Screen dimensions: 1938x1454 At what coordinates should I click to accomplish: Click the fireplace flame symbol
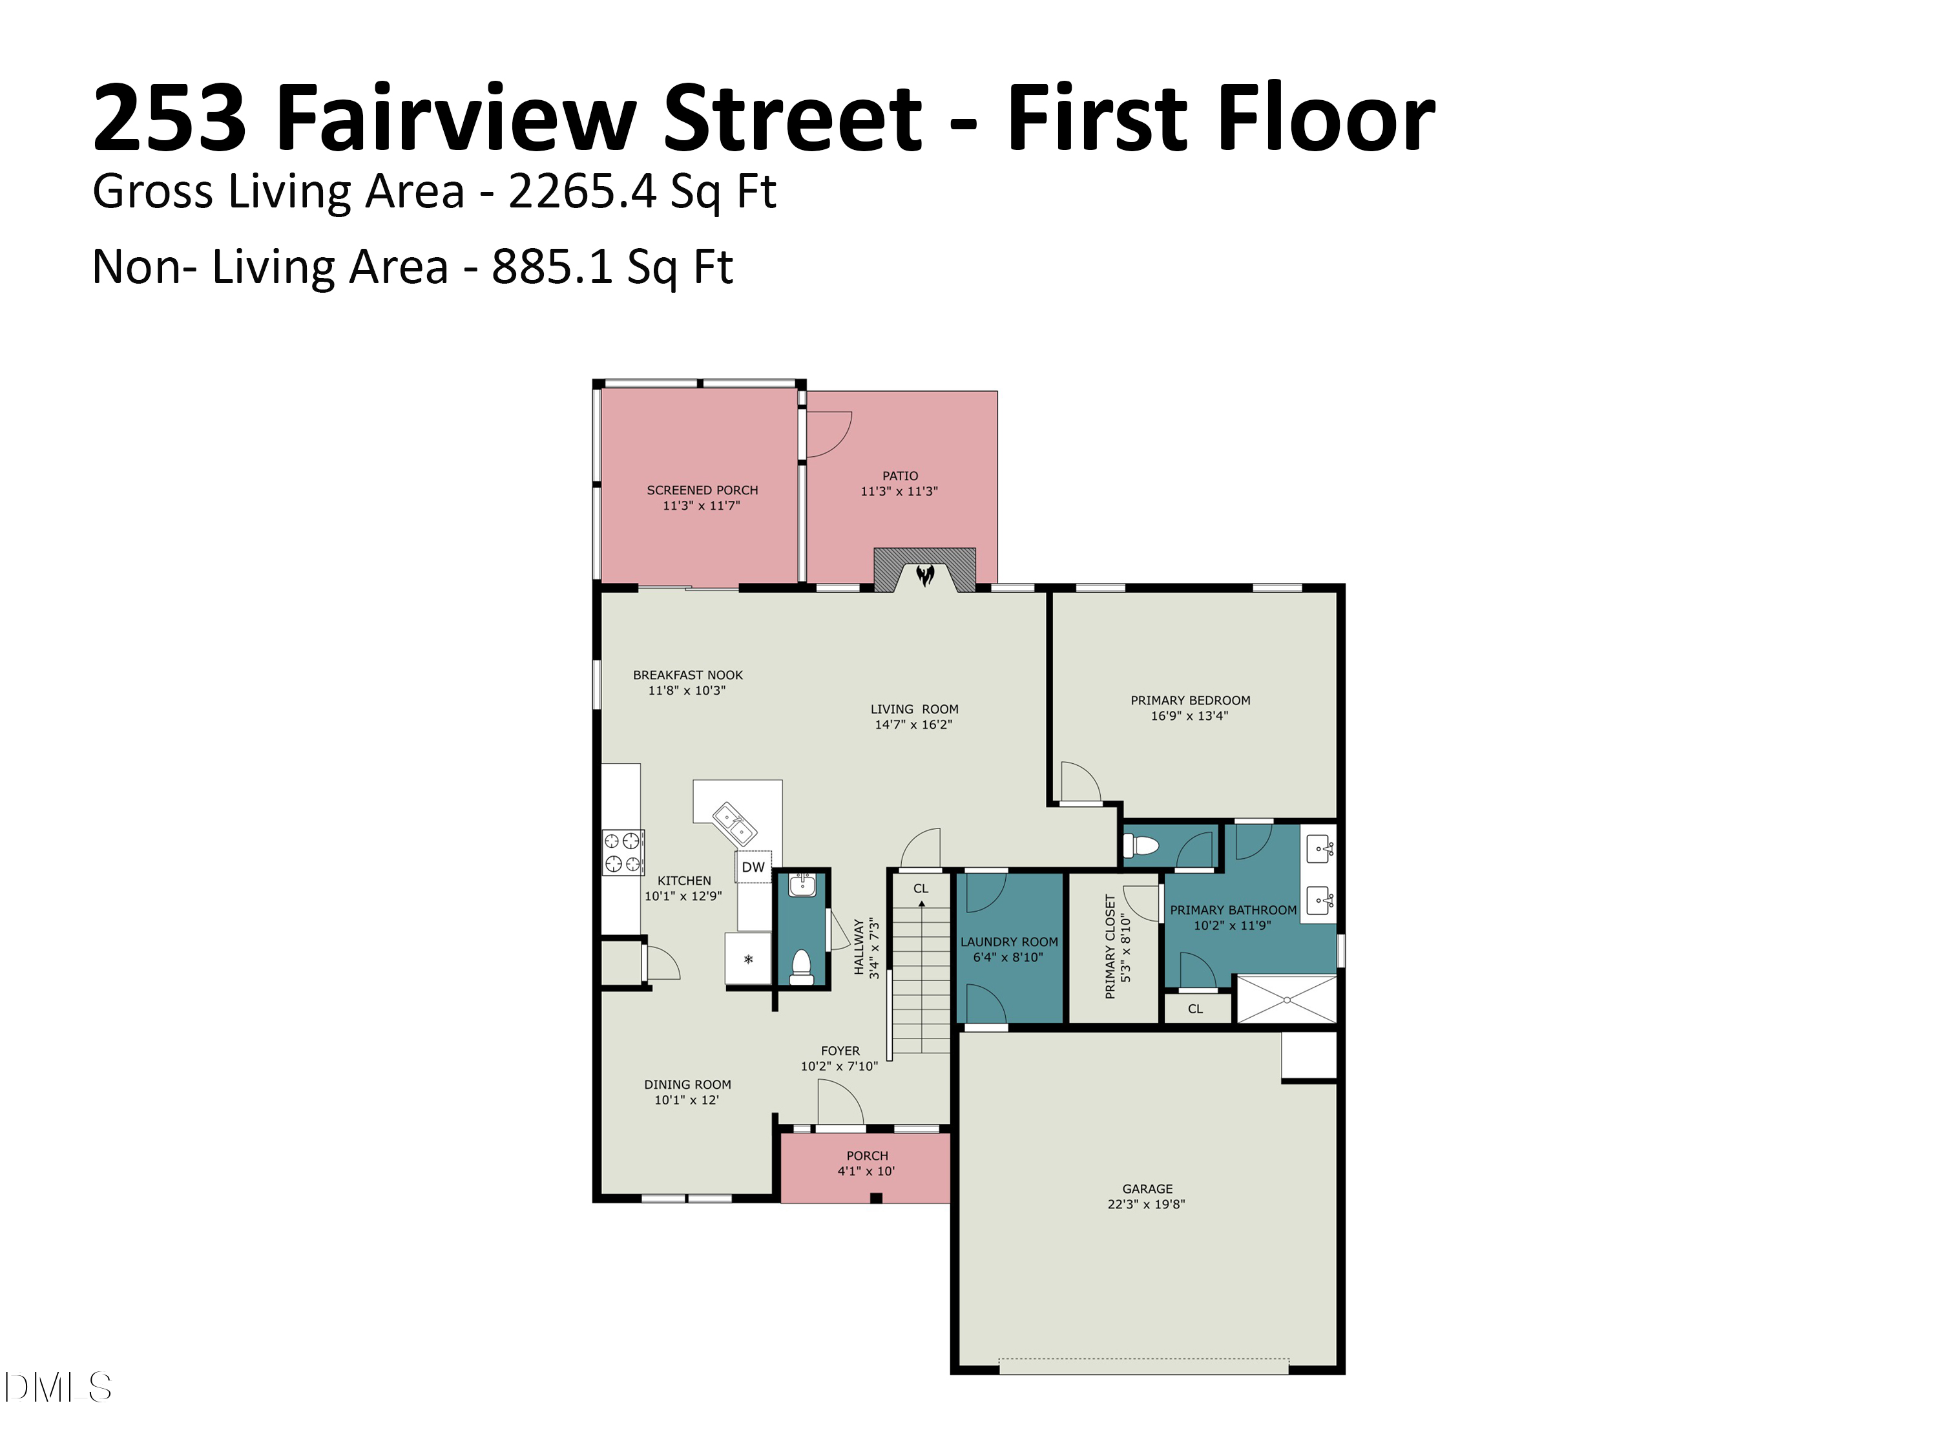point(925,575)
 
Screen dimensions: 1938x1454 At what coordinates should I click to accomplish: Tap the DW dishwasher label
point(753,867)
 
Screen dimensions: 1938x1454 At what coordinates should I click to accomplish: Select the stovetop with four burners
point(623,852)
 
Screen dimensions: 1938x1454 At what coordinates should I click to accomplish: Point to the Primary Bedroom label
point(1190,701)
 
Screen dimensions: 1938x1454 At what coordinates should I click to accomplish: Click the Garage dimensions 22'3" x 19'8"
point(1146,1204)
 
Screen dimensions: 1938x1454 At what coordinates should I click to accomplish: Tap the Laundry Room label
point(1009,942)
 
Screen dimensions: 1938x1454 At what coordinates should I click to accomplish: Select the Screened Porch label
point(703,490)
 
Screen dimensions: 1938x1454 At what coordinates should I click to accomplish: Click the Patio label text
point(901,476)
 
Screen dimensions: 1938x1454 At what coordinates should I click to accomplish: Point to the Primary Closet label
point(1110,947)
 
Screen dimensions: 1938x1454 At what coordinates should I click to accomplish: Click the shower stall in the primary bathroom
point(1286,999)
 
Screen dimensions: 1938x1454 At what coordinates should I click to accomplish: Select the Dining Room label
point(688,1084)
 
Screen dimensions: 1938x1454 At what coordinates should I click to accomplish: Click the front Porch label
point(868,1155)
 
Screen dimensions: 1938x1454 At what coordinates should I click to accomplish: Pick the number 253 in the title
point(170,118)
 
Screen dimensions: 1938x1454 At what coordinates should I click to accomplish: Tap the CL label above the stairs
point(921,888)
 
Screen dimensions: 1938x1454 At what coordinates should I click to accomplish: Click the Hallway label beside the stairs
point(859,947)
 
